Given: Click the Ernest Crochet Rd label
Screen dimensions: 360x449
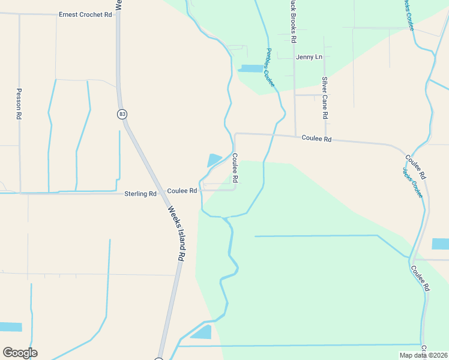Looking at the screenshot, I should click(86, 14).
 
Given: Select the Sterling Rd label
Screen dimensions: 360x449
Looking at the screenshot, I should click(140, 194).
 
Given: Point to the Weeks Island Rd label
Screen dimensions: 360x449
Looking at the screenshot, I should click(175, 233).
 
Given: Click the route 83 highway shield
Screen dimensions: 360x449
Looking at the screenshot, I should click(122, 113).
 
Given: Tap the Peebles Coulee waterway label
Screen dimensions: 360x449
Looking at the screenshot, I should click(270, 68).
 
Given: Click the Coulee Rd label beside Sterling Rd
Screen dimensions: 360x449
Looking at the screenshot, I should click(182, 191).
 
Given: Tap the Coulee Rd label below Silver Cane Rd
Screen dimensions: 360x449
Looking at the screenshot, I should click(316, 138).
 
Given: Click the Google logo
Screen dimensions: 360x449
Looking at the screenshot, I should click(20, 353).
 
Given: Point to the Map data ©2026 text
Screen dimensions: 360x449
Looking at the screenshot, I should click(423, 355).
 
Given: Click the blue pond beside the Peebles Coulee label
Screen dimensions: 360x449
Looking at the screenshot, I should click(250, 68).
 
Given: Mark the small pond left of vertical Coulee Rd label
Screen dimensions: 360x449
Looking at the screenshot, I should click(214, 160).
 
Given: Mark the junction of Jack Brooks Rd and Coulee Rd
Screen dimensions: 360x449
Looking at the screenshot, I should click(295, 136).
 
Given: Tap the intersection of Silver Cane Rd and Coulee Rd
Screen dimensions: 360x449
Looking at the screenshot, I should click(325, 138).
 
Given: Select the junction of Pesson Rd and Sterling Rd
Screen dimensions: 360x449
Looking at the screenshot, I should click(20, 193).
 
